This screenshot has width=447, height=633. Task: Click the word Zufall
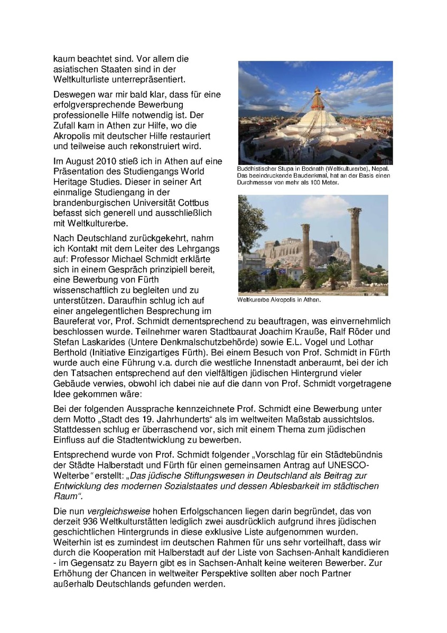67,125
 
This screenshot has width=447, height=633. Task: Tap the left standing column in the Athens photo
305,254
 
